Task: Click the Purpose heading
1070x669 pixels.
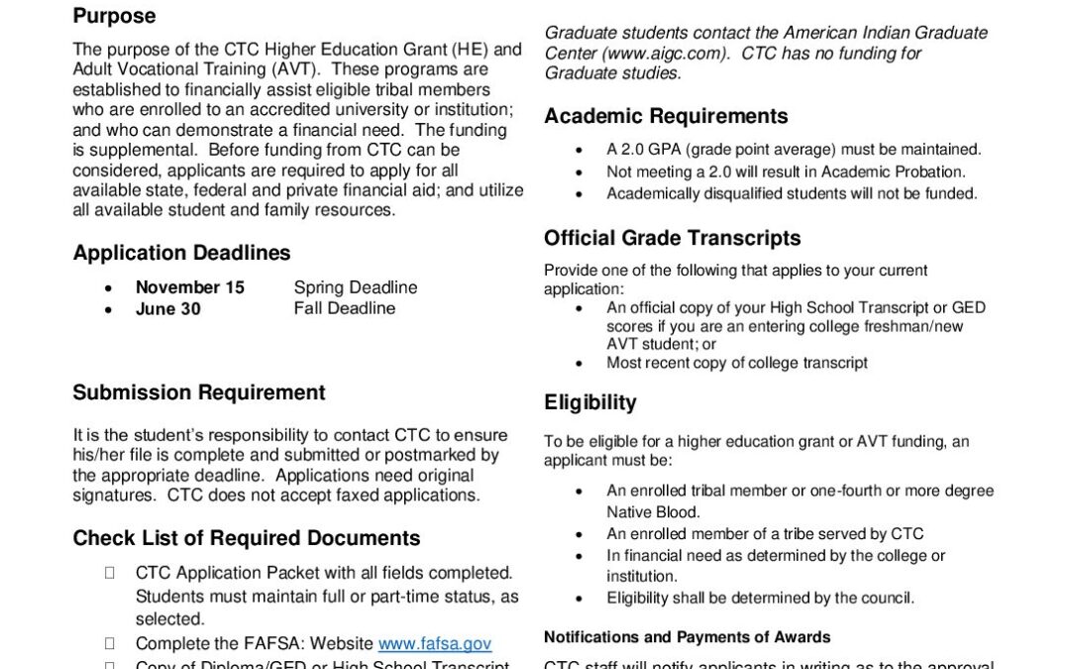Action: (114, 16)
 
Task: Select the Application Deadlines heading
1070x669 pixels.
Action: (181, 253)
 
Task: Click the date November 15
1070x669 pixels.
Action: (189, 287)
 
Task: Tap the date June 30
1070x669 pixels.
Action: (167, 308)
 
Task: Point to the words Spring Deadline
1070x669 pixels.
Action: (356, 287)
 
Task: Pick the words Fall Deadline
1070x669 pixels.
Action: (344, 308)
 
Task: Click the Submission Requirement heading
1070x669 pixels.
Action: (198, 392)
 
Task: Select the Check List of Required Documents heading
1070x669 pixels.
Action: (246, 538)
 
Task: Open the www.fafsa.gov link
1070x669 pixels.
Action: (435, 644)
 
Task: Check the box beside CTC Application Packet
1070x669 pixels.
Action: (109, 573)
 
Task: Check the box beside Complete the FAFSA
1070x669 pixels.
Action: (109, 644)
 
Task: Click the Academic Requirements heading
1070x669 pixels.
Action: (666, 116)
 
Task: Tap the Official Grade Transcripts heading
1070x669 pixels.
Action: (672, 238)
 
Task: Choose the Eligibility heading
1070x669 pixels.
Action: (589, 402)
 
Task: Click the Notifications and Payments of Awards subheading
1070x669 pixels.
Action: (687, 637)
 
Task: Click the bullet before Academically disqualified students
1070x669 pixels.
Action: (580, 194)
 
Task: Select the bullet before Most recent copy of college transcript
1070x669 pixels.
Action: (580, 363)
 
